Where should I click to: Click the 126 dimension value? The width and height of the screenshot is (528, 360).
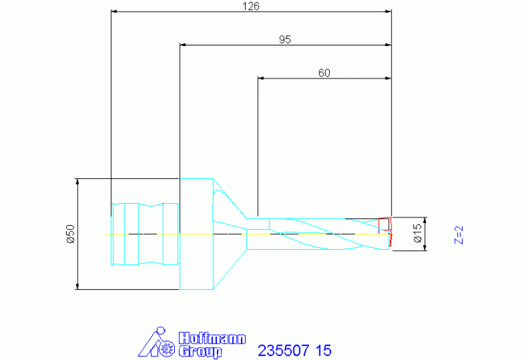tap(251, 6)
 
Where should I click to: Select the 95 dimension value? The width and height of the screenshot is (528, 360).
tap(285, 39)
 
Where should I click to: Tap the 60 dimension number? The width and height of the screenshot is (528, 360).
tap(324, 73)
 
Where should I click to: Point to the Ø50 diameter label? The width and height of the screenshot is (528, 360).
tap(71, 234)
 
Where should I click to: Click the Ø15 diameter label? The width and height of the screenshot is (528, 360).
tap(417, 233)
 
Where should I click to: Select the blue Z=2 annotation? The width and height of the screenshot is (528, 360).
tap(458, 235)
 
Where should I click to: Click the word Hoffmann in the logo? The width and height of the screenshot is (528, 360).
tap(212, 339)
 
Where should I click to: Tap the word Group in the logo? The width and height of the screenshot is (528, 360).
tap(200, 352)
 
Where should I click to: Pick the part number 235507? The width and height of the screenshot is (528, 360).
tap(283, 350)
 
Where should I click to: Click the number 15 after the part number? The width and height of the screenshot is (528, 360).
tap(324, 350)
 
